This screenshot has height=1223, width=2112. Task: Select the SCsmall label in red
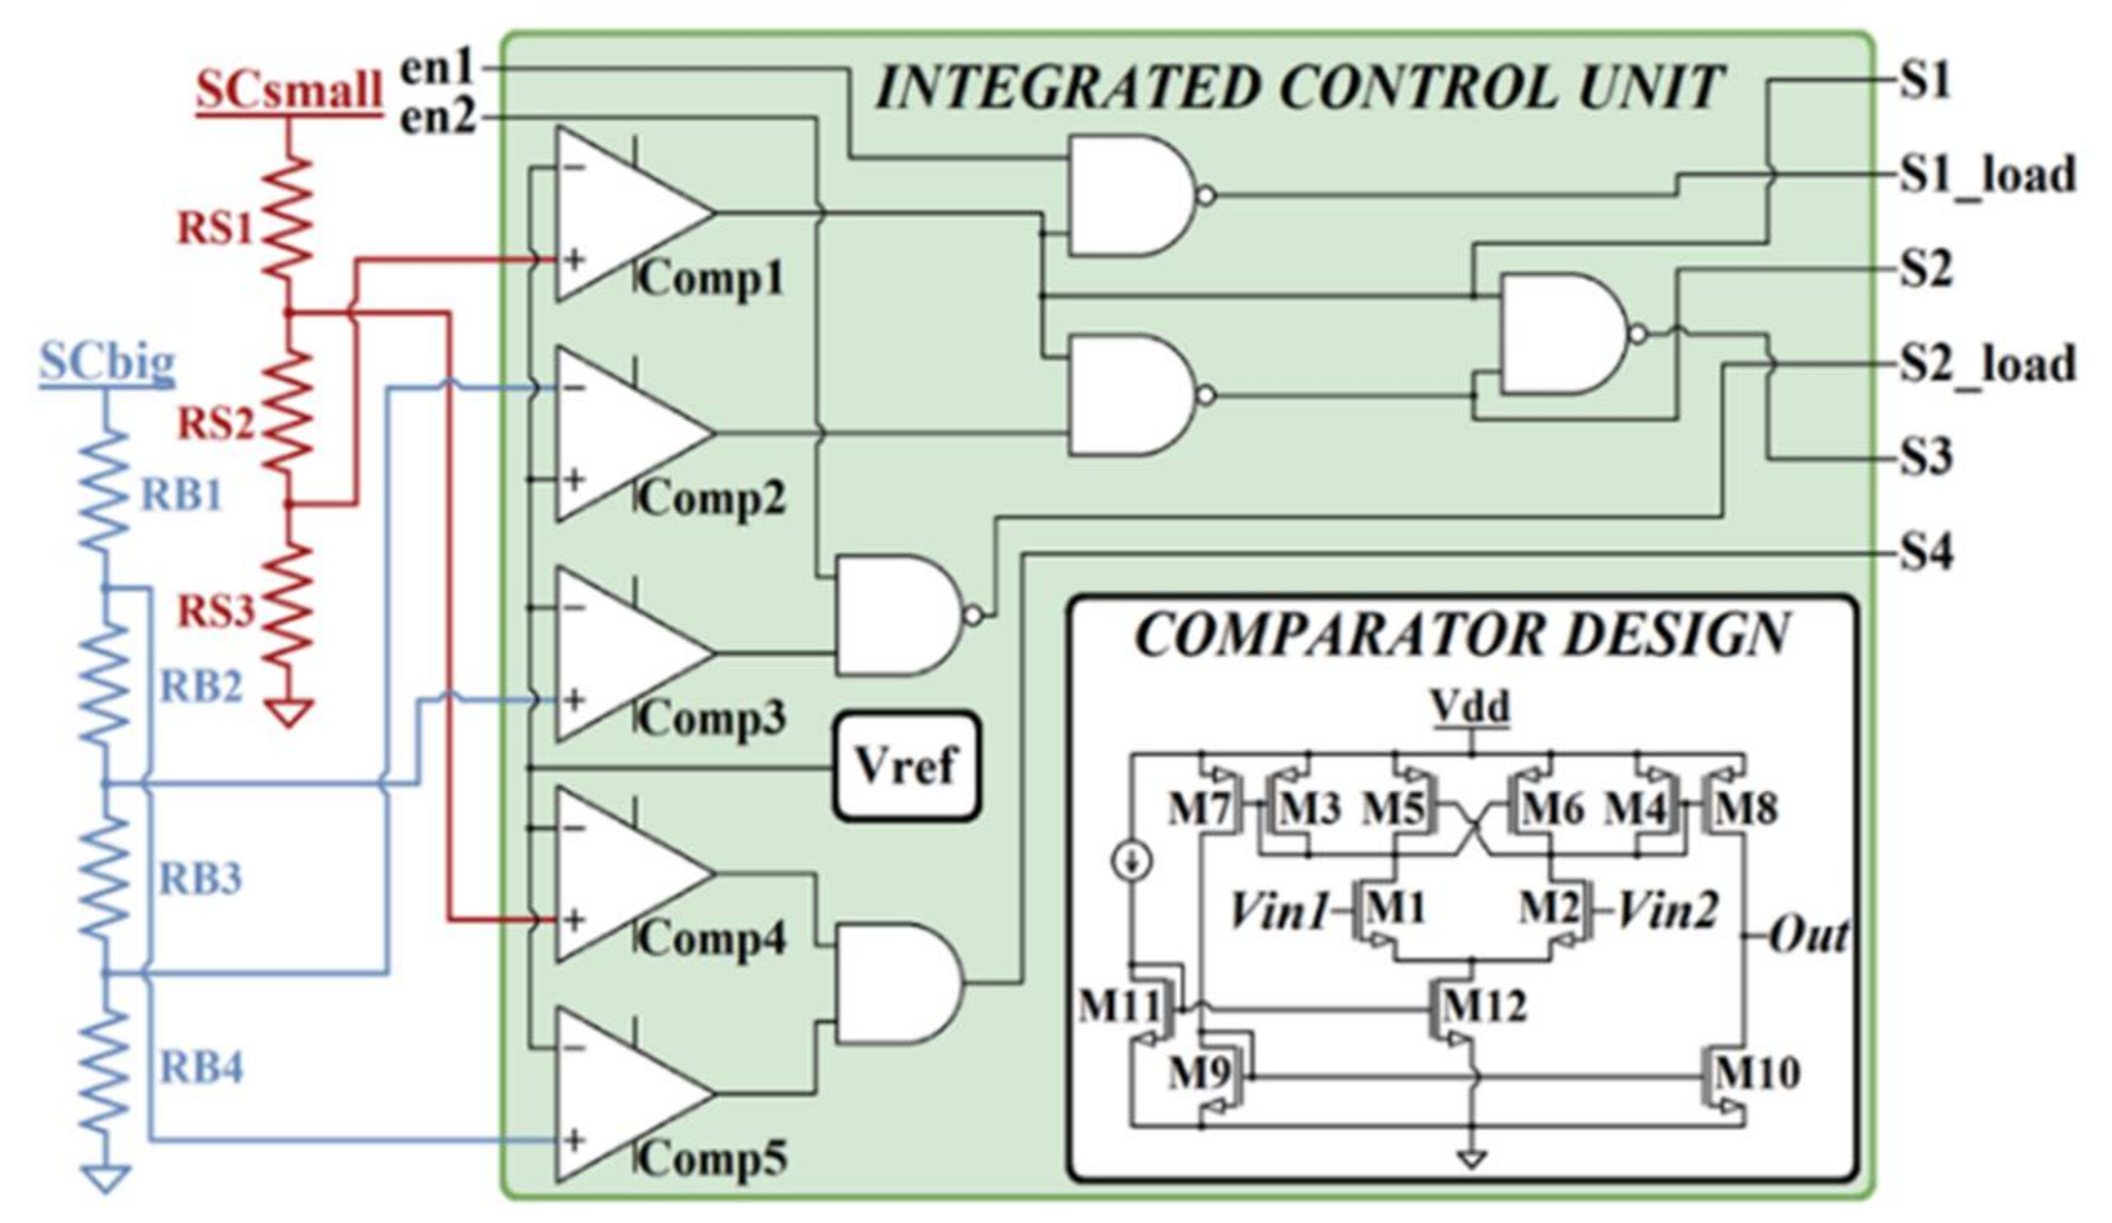[x=289, y=89]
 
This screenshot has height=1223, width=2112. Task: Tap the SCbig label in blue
[x=107, y=363]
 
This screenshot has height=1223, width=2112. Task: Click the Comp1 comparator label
[x=713, y=279]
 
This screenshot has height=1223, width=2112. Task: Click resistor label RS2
[x=215, y=424]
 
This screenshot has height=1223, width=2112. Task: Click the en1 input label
[x=438, y=68]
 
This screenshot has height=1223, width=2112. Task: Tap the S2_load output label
[x=1988, y=364]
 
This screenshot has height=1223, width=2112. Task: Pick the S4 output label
[x=1925, y=552]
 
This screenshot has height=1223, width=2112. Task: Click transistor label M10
[x=1756, y=1073]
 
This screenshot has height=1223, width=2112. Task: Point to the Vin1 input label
[x=1278, y=911]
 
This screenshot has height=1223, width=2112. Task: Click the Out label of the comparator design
[x=1808, y=936]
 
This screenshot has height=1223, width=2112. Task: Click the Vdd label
[x=1471, y=707]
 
